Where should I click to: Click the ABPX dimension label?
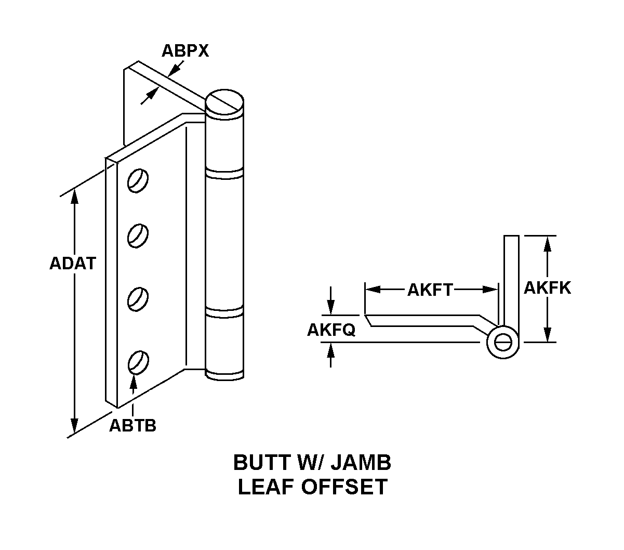(x=185, y=51)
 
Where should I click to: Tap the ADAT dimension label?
(x=73, y=264)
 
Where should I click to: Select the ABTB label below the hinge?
(x=132, y=426)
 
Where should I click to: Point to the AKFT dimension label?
(x=430, y=290)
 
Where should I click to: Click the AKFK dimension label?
(x=547, y=288)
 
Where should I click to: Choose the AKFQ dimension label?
(x=331, y=330)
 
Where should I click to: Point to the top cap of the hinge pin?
(x=224, y=101)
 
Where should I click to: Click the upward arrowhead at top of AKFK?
(x=547, y=242)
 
